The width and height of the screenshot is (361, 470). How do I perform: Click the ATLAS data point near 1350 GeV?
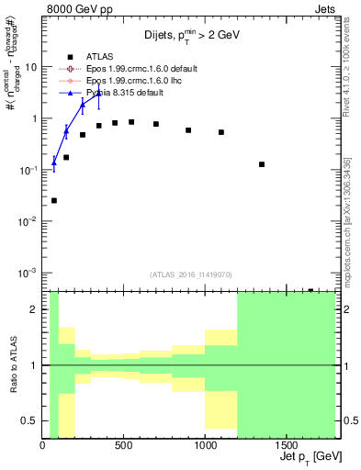click(262, 164)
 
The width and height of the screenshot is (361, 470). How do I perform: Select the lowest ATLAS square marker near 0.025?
click(54, 200)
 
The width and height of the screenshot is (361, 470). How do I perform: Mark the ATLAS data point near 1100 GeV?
click(221, 132)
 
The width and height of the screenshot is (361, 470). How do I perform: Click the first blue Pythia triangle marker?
click(54, 162)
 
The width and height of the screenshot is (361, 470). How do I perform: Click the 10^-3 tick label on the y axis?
click(28, 273)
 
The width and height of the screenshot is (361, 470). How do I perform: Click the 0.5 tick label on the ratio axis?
click(31, 420)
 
